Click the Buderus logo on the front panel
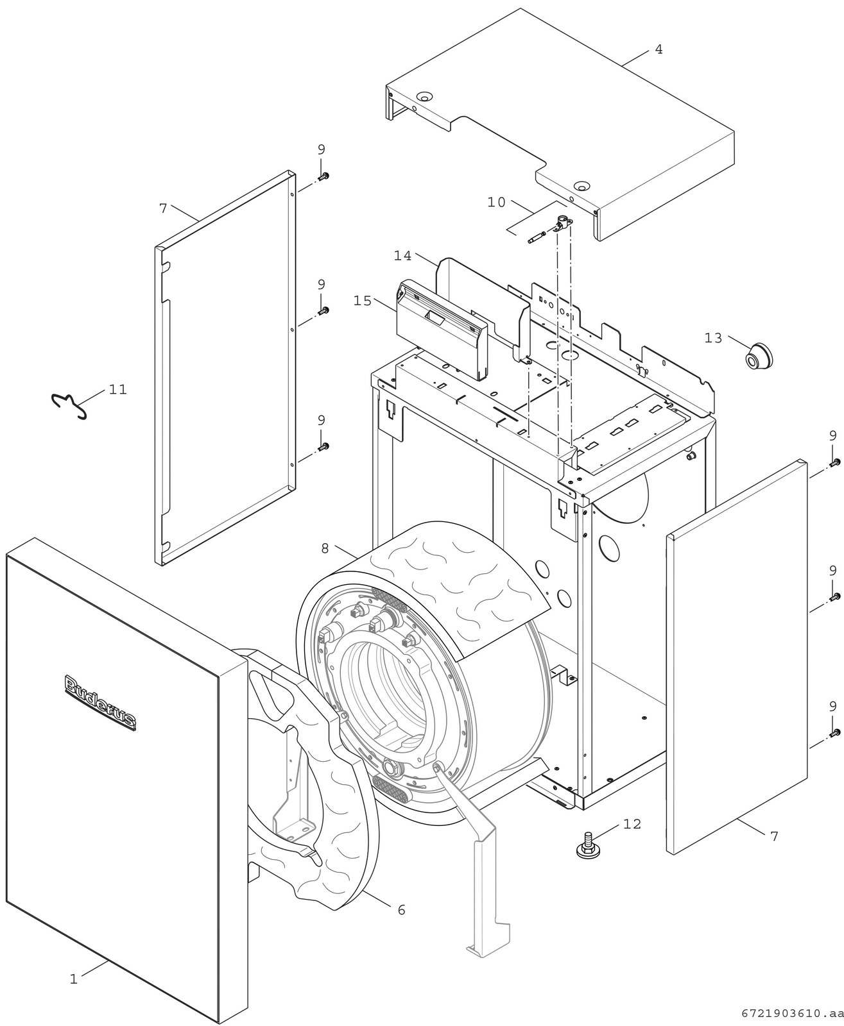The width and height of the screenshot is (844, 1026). point(100,702)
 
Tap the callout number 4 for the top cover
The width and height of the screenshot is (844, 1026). point(659,49)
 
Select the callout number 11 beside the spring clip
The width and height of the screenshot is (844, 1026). point(118,390)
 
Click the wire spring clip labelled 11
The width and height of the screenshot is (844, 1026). point(70,405)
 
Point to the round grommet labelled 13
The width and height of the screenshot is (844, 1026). point(759,356)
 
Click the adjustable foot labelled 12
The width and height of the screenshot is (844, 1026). point(588,846)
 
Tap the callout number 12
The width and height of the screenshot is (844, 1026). point(632,824)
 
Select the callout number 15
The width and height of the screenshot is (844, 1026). point(363,301)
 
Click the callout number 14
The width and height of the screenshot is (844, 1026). point(403,256)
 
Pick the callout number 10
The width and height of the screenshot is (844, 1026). point(496,203)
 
